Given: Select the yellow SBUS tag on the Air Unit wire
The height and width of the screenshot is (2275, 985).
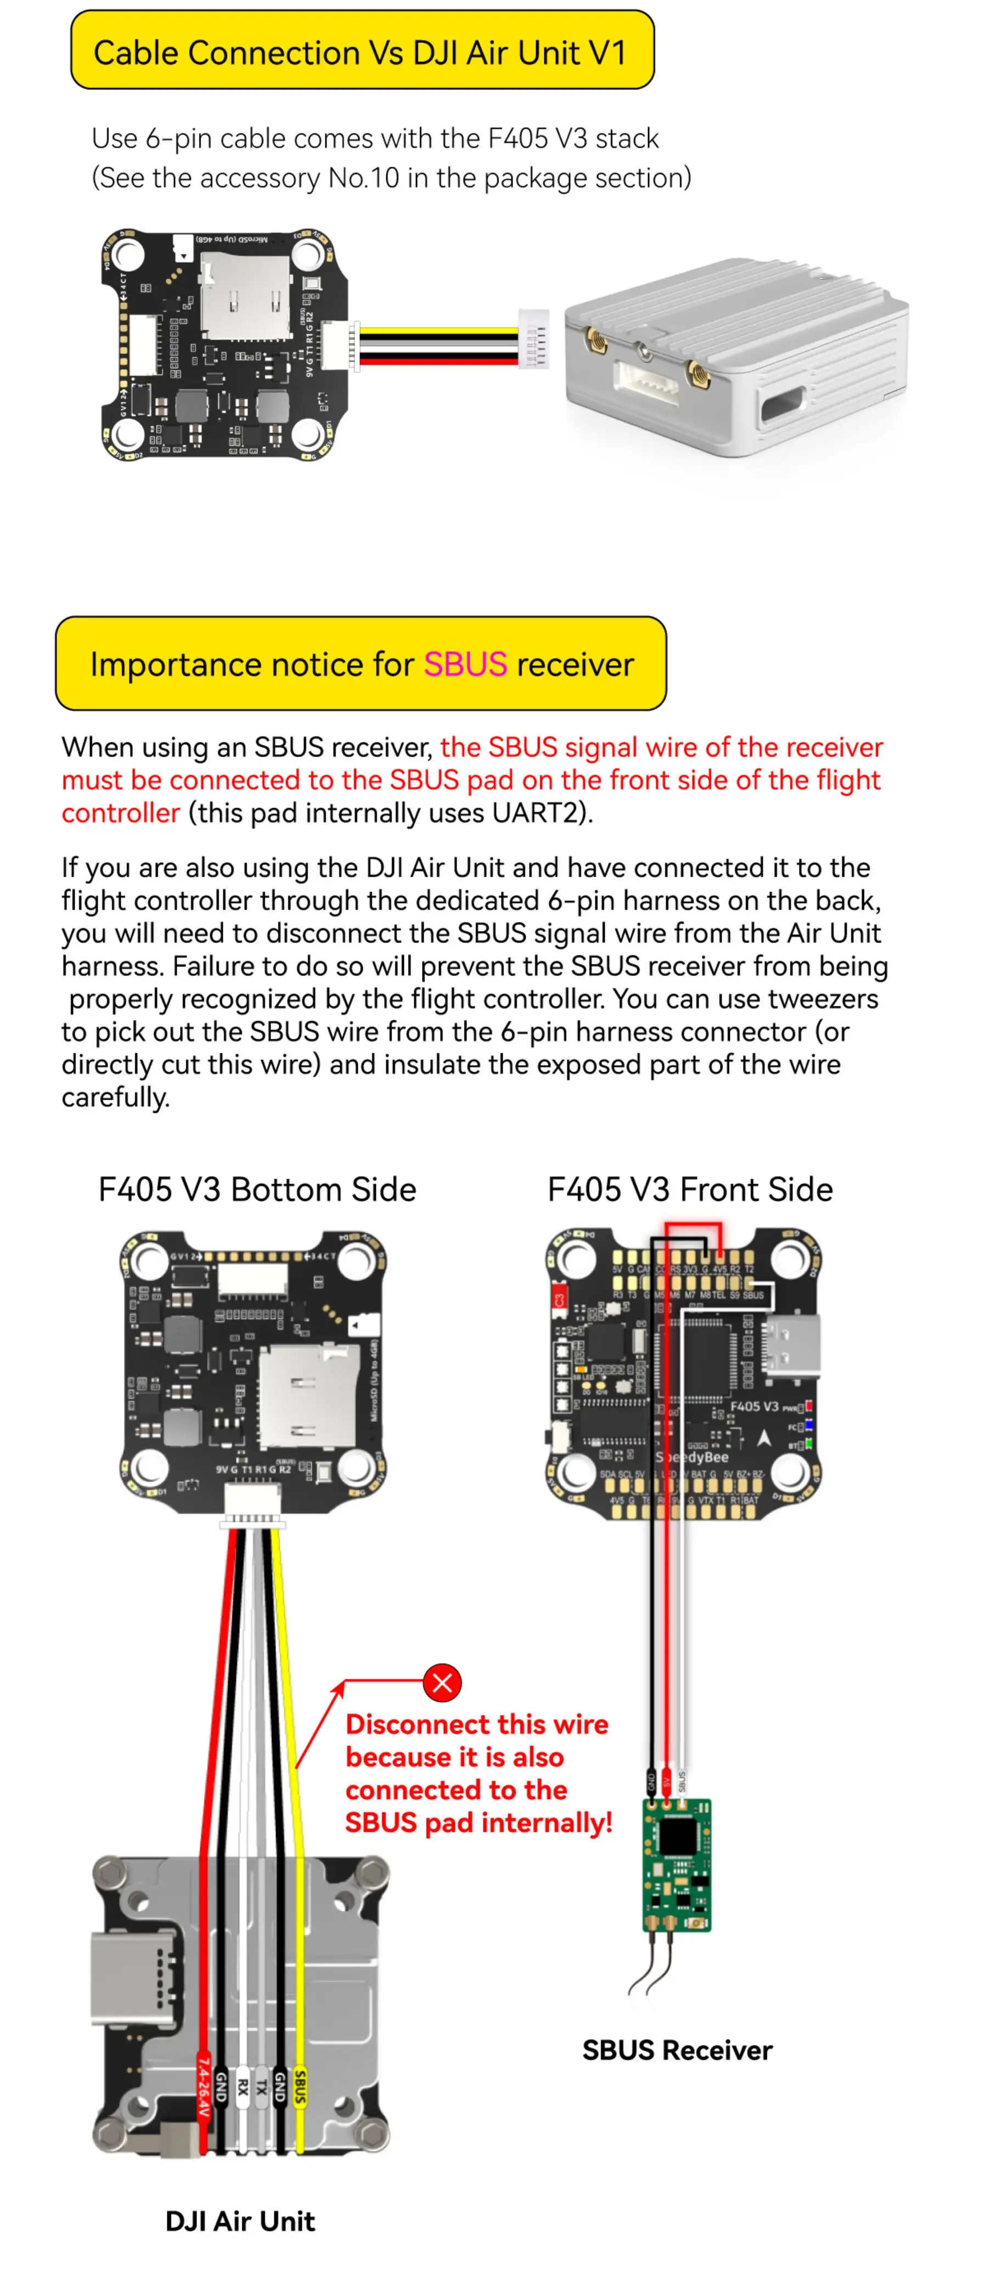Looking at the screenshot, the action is click(x=300, y=2087).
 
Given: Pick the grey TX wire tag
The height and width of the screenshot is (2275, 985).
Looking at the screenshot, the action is click(x=261, y=2087).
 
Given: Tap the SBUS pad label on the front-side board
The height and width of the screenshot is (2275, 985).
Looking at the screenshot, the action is click(x=753, y=1295).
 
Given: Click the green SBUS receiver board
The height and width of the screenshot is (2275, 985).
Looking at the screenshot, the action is click(x=677, y=1864).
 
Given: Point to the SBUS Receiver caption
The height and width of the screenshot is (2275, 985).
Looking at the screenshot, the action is click(x=677, y=2050).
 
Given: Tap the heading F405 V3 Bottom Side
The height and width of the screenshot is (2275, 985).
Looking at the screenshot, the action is click(x=257, y=1190).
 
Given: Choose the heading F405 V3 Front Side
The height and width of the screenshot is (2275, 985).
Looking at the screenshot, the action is click(x=690, y=1190).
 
